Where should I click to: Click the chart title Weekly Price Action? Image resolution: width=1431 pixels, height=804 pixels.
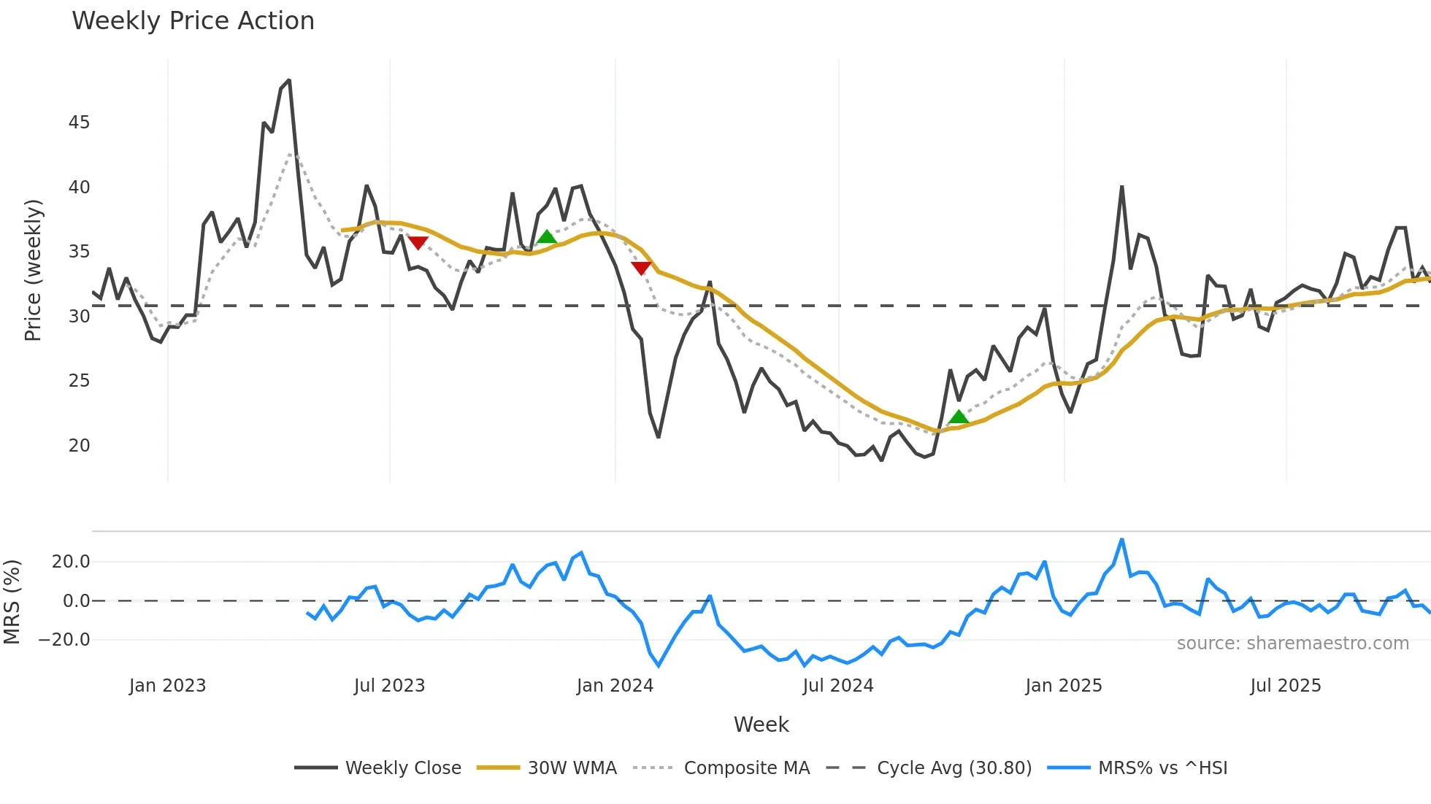click(193, 21)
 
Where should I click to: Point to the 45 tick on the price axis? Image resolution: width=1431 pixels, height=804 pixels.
click(79, 123)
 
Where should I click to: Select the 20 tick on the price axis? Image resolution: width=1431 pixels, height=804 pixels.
click(79, 445)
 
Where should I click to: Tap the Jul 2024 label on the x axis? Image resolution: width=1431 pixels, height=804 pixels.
click(837, 686)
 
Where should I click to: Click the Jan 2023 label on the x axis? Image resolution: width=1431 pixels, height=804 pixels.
click(167, 686)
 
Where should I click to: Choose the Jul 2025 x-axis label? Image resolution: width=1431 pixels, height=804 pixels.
click(1285, 686)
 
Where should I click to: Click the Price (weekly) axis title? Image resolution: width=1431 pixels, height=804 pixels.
click(34, 270)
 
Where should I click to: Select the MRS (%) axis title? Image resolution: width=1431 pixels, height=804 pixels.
click(12, 602)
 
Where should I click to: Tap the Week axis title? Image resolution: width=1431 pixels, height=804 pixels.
click(761, 724)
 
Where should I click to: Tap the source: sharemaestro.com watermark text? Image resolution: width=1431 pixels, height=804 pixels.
click(1292, 643)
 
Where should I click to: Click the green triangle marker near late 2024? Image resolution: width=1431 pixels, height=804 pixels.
click(958, 417)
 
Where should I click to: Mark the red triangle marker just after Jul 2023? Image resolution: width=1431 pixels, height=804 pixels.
click(418, 242)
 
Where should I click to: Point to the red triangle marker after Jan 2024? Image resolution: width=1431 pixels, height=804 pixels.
click(641, 268)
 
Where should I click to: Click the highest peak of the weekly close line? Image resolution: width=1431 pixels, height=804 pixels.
click(289, 80)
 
